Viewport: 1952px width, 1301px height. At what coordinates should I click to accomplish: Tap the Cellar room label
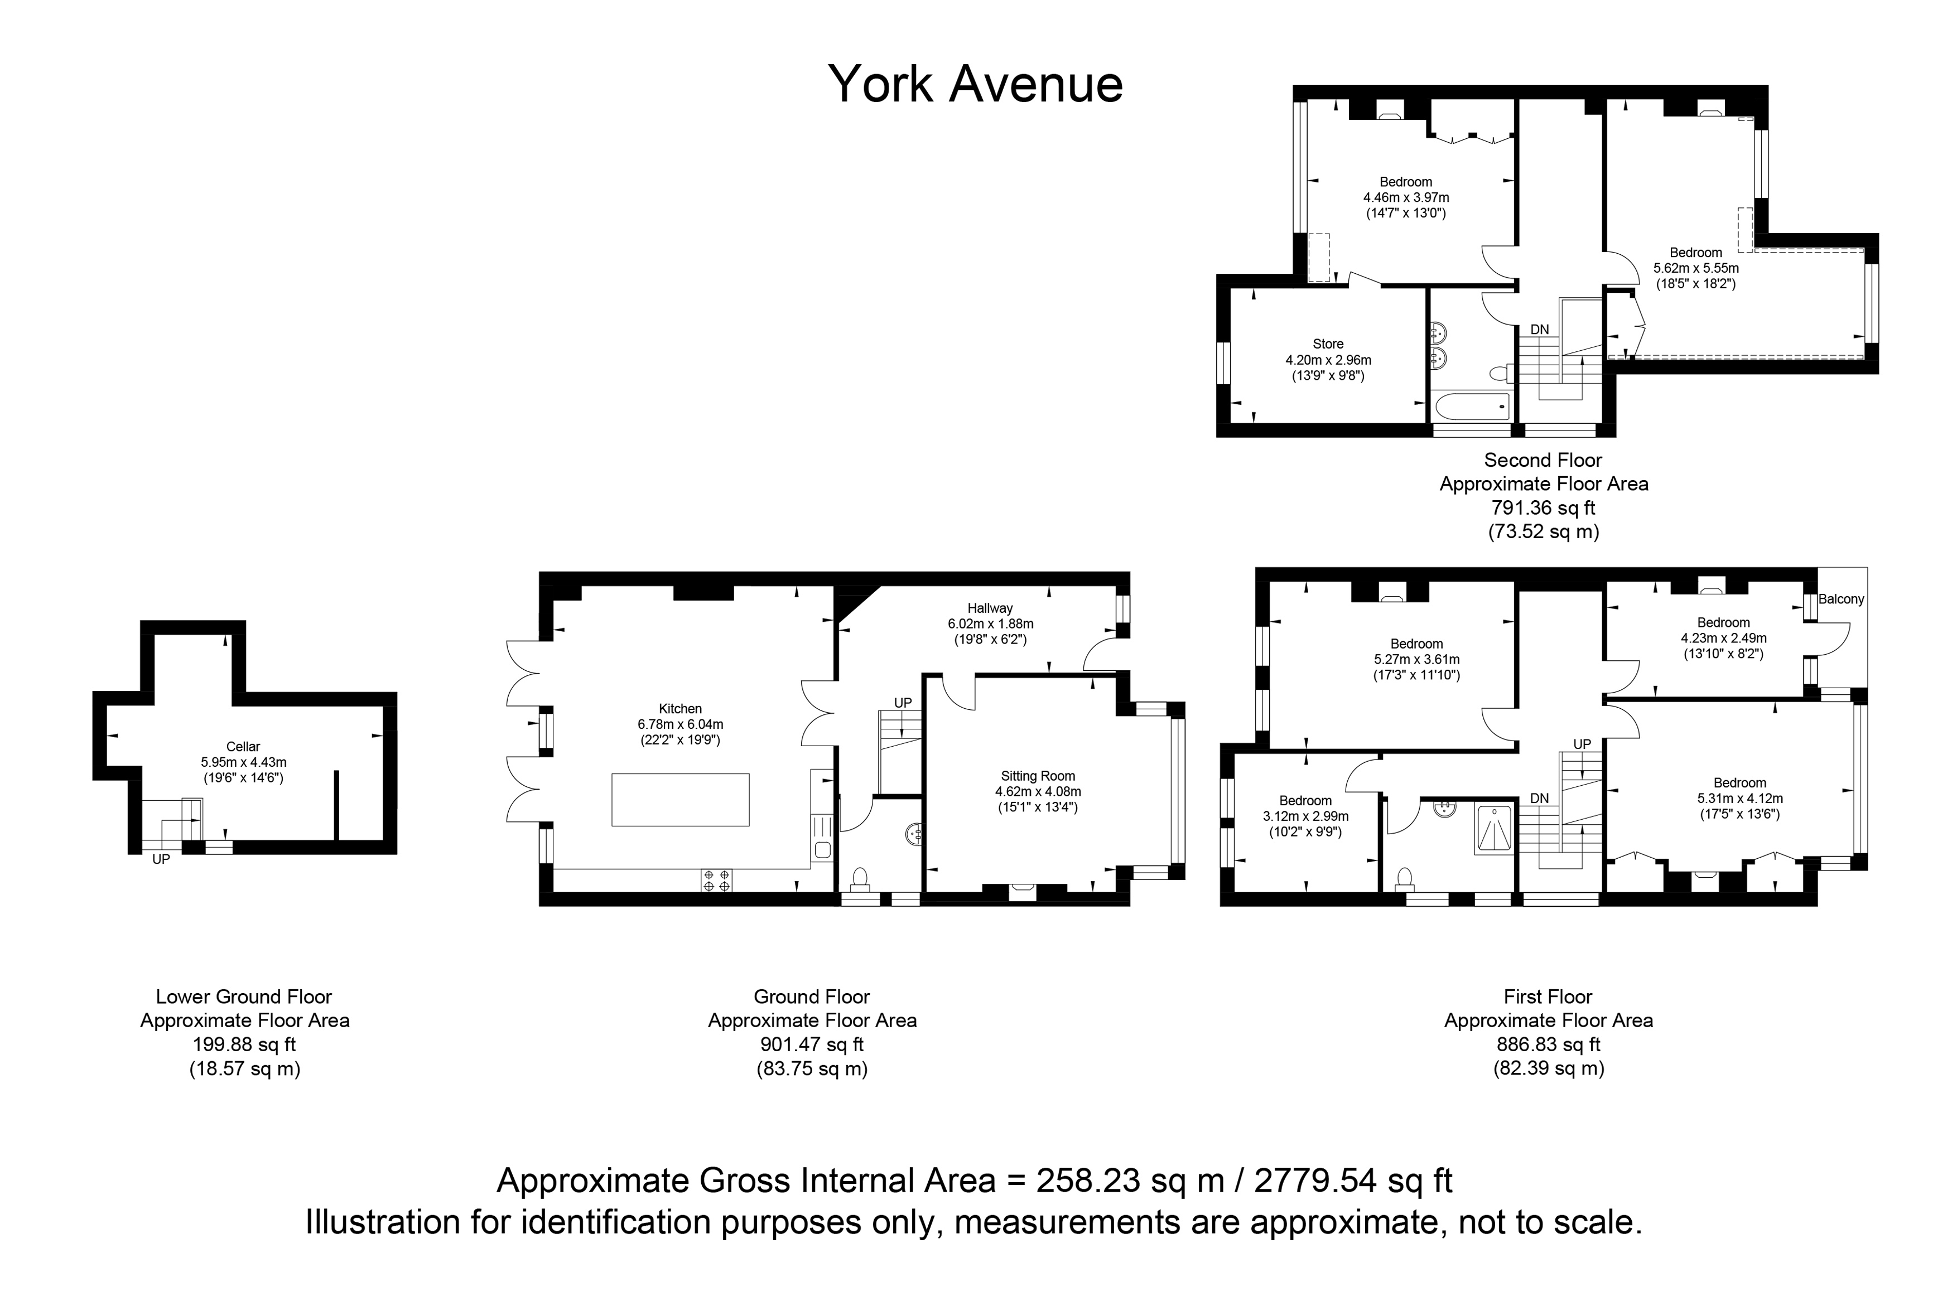(x=243, y=747)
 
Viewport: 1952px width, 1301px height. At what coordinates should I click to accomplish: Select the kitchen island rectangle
(x=681, y=799)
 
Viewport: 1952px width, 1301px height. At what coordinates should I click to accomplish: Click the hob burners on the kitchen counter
(x=717, y=881)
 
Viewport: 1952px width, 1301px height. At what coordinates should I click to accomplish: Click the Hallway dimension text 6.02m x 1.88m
(x=990, y=624)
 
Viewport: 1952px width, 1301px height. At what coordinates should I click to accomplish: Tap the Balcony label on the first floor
(x=1841, y=599)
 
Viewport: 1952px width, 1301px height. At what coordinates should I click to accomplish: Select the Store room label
(x=1328, y=344)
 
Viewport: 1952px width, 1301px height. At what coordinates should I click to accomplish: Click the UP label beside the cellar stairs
(x=161, y=859)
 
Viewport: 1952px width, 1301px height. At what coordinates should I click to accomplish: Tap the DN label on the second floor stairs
(x=1540, y=330)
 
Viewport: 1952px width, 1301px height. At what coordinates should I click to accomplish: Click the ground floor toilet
(x=860, y=878)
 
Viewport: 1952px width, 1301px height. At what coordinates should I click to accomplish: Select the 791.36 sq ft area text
(x=1543, y=508)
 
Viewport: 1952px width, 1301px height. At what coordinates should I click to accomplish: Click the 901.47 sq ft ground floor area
(x=812, y=1044)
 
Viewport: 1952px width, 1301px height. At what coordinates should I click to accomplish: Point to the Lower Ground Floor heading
(x=244, y=997)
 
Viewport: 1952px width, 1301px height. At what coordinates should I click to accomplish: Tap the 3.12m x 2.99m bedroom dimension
(x=1305, y=816)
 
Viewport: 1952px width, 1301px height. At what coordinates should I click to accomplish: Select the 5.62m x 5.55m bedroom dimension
(x=1695, y=269)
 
